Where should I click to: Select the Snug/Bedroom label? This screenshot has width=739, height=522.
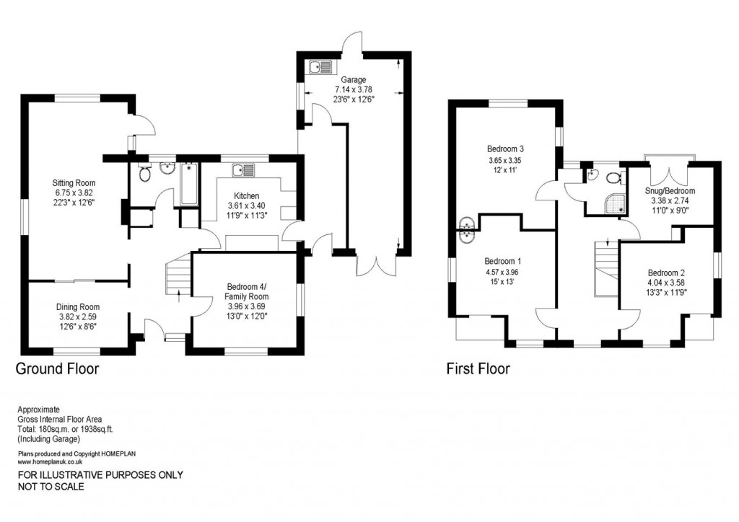point(670,191)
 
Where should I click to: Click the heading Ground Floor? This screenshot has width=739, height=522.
point(58,369)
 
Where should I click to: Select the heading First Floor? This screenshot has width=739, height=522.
point(478,369)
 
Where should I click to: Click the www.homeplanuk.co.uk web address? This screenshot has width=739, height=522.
point(50,461)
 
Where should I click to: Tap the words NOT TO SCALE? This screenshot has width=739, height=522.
point(51,487)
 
